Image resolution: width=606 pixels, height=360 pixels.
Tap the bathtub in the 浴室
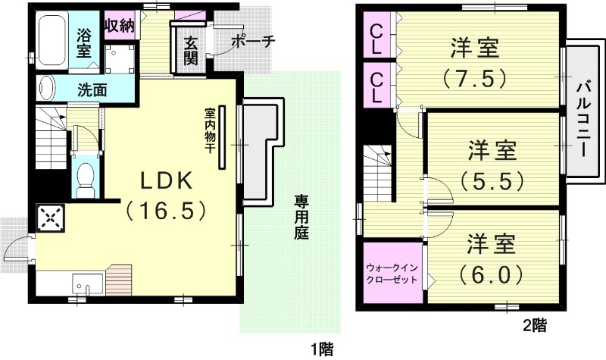tap(52, 41)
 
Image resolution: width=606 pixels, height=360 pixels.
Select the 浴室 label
tap(85, 42)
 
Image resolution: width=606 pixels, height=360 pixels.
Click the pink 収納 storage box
tap(119, 25)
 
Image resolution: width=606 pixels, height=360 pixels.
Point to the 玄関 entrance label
tap(189, 50)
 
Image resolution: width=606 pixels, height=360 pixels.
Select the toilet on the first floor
tap(86, 177)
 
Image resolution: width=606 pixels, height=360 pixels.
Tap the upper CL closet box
tap(376, 39)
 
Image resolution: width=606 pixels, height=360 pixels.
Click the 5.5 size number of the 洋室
tap(492, 181)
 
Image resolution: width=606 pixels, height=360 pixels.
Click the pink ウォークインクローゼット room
tap(392, 274)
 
